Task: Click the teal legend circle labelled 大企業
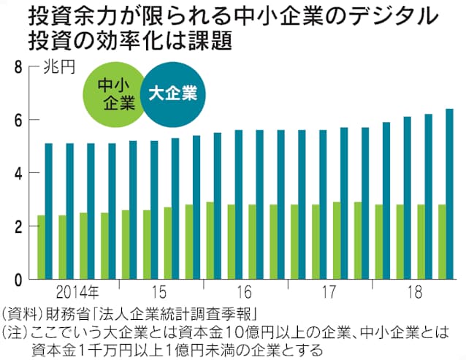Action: [172, 93]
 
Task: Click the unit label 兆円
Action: [58, 68]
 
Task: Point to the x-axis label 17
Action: [328, 293]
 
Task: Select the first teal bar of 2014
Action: [49, 211]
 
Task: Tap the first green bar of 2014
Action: [42, 247]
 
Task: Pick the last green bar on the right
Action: [442, 242]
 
